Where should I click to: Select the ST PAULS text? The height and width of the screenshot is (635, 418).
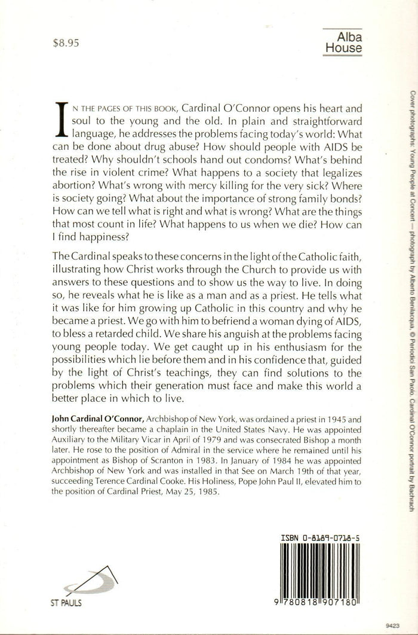pyautogui.click(x=66, y=603)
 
